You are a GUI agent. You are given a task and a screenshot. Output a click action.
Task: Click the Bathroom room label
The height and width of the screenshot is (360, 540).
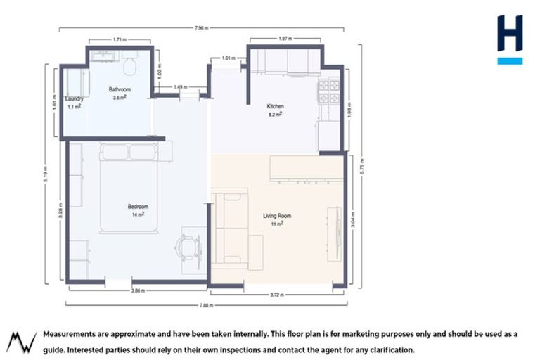click(x=120, y=90)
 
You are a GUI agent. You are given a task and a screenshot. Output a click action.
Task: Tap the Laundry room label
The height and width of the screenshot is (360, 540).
click(x=75, y=99)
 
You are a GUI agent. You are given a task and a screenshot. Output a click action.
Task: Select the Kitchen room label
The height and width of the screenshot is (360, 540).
click(x=275, y=106)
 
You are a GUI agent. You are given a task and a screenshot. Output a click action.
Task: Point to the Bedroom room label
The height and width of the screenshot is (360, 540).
click(x=137, y=206)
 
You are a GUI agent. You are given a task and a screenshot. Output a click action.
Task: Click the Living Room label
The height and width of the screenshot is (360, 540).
click(x=276, y=216)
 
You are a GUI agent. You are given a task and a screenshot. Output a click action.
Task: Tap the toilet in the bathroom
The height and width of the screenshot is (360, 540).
click(x=129, y=65)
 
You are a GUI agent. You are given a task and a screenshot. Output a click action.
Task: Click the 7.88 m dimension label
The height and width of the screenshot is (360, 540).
click(x=205, y=305)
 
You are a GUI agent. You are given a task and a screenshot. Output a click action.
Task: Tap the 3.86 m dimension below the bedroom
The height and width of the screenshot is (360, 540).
click(x=139, y=290)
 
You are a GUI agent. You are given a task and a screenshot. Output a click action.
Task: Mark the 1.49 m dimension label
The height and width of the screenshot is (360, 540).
click(x=179, y=86)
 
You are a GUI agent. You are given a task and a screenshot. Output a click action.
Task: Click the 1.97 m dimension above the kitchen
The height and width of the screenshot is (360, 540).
click(x=285, y=39)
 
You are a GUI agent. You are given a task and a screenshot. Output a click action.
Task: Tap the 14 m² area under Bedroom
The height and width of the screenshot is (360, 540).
click(x=137, y=214)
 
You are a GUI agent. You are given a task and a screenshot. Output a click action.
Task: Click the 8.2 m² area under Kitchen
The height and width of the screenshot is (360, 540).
click(x=276, y=114)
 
